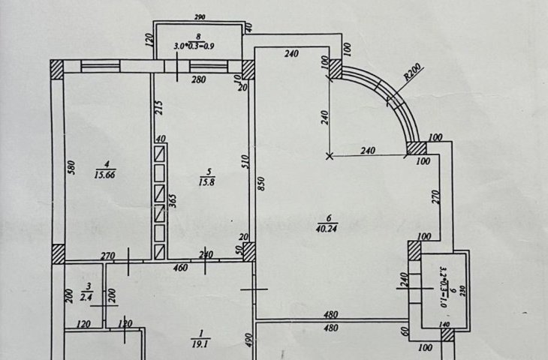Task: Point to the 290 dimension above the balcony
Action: pyautogui.click(x=199, y=15)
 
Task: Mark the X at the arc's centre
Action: pyautogui.click(x=330, y=156)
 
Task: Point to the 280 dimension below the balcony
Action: pyautogui.click(x=198, y=80)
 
